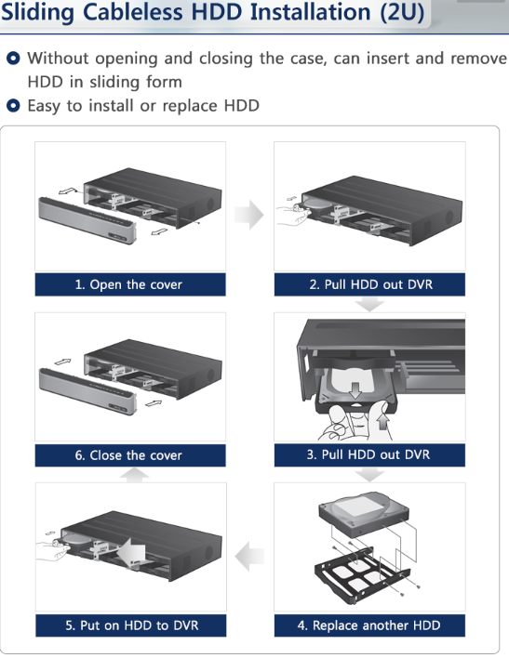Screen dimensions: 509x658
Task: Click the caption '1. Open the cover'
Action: pos(128,284)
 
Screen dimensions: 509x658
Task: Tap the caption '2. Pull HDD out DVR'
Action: pos(370,284)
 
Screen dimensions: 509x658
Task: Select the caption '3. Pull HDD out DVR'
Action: pos(368,454)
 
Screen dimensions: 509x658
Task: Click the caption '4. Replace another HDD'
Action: pos(368,625)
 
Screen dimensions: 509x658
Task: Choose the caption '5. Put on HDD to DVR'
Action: pos(131,625)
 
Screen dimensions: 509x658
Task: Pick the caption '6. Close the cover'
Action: pos(128,454)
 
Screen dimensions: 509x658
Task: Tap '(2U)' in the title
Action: pos(401,13)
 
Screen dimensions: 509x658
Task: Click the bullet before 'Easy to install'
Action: pos(13,105)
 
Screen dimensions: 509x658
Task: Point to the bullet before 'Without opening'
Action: pos(13,58)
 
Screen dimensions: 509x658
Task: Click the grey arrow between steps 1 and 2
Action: pos(249,215)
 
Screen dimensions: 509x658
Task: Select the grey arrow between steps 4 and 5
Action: pos(249,557)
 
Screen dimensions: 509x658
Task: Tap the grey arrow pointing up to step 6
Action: pos(135,475)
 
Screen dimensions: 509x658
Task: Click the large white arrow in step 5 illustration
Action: pos(131,550)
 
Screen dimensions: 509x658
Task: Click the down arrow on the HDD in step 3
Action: pos(355,390)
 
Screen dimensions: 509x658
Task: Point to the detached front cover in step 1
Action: pos(87,221)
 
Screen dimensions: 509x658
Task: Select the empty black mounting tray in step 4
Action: pos(362,576)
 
